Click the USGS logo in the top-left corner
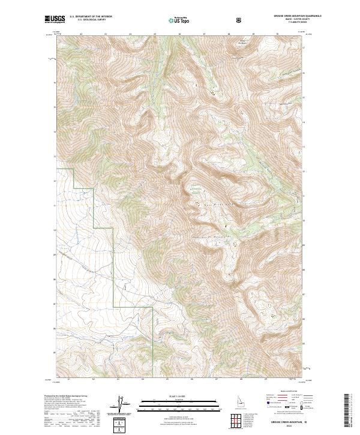pyautogui.click(x=55, y=20)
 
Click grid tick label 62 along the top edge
pyautogui.click(x=80, y=34)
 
